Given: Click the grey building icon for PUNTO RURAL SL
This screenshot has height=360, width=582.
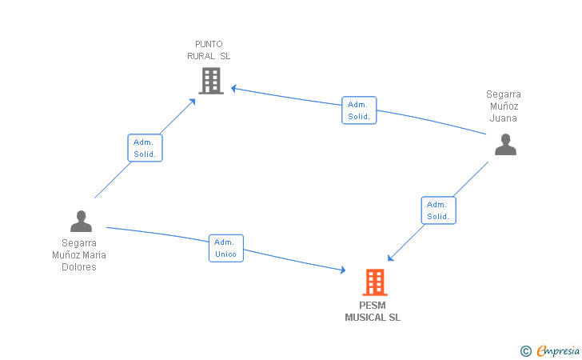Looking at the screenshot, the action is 211,81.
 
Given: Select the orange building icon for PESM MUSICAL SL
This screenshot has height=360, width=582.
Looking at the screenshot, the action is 375,282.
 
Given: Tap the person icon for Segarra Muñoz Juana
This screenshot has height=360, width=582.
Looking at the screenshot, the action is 505,145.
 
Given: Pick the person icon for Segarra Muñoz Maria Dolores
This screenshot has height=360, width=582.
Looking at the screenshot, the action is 81,221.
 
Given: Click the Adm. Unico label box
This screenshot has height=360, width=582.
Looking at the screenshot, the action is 226,248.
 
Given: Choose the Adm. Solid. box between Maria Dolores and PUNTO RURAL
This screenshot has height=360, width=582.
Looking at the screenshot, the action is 145,148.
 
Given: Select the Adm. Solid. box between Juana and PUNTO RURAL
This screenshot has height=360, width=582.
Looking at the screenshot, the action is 359,110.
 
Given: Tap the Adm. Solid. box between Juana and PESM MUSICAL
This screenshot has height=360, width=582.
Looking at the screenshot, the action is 439,210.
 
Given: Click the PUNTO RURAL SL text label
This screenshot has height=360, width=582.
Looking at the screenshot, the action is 209,50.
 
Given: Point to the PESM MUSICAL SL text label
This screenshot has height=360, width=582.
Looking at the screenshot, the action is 373,311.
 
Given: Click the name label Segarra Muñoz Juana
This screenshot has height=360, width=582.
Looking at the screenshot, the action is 504,106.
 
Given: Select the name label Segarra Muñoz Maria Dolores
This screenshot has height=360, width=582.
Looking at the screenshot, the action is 79,255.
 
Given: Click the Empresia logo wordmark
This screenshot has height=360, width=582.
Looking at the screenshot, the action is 558,350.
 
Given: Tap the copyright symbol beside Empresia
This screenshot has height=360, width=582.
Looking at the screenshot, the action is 526,351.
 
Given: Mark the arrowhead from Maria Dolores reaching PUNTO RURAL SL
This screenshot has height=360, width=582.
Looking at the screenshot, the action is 193,102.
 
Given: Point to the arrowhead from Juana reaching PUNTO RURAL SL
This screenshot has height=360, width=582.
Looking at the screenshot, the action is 233,89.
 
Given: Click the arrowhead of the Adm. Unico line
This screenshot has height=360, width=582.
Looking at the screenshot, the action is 343,270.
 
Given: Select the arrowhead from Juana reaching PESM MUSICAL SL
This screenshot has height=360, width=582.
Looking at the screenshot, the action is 390,258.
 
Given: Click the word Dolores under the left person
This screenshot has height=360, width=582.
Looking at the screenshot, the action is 79,267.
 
